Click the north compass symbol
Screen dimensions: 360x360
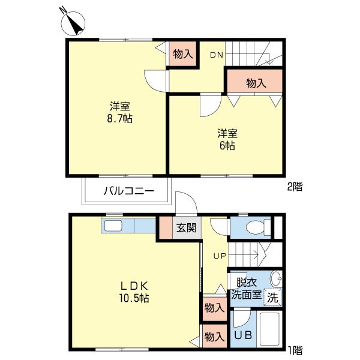click(73, 23)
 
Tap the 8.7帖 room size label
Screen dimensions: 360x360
click(120, 119)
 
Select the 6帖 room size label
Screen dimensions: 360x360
click(227, 146)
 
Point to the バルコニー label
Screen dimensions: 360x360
click(128, 191)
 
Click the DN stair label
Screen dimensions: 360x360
click(217, 55)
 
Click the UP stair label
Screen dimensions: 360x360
click(220, 256)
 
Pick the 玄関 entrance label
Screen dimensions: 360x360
click(186, 228)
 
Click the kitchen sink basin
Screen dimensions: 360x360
click(113, 226)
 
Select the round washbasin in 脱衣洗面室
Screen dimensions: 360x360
click(276, 278)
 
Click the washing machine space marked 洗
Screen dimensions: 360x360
click(272, 298)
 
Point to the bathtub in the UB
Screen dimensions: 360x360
click(269, 329)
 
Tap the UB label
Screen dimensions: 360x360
click(243, 335)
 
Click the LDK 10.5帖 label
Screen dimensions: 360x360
click(134, 292)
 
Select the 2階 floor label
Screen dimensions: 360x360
click(295, 187)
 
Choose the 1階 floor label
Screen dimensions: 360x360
click(295, 350)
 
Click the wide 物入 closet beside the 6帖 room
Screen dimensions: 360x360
click(254, 81)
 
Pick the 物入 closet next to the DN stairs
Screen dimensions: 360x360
click(183, 54)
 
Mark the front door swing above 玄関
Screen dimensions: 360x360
click(186, 203)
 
